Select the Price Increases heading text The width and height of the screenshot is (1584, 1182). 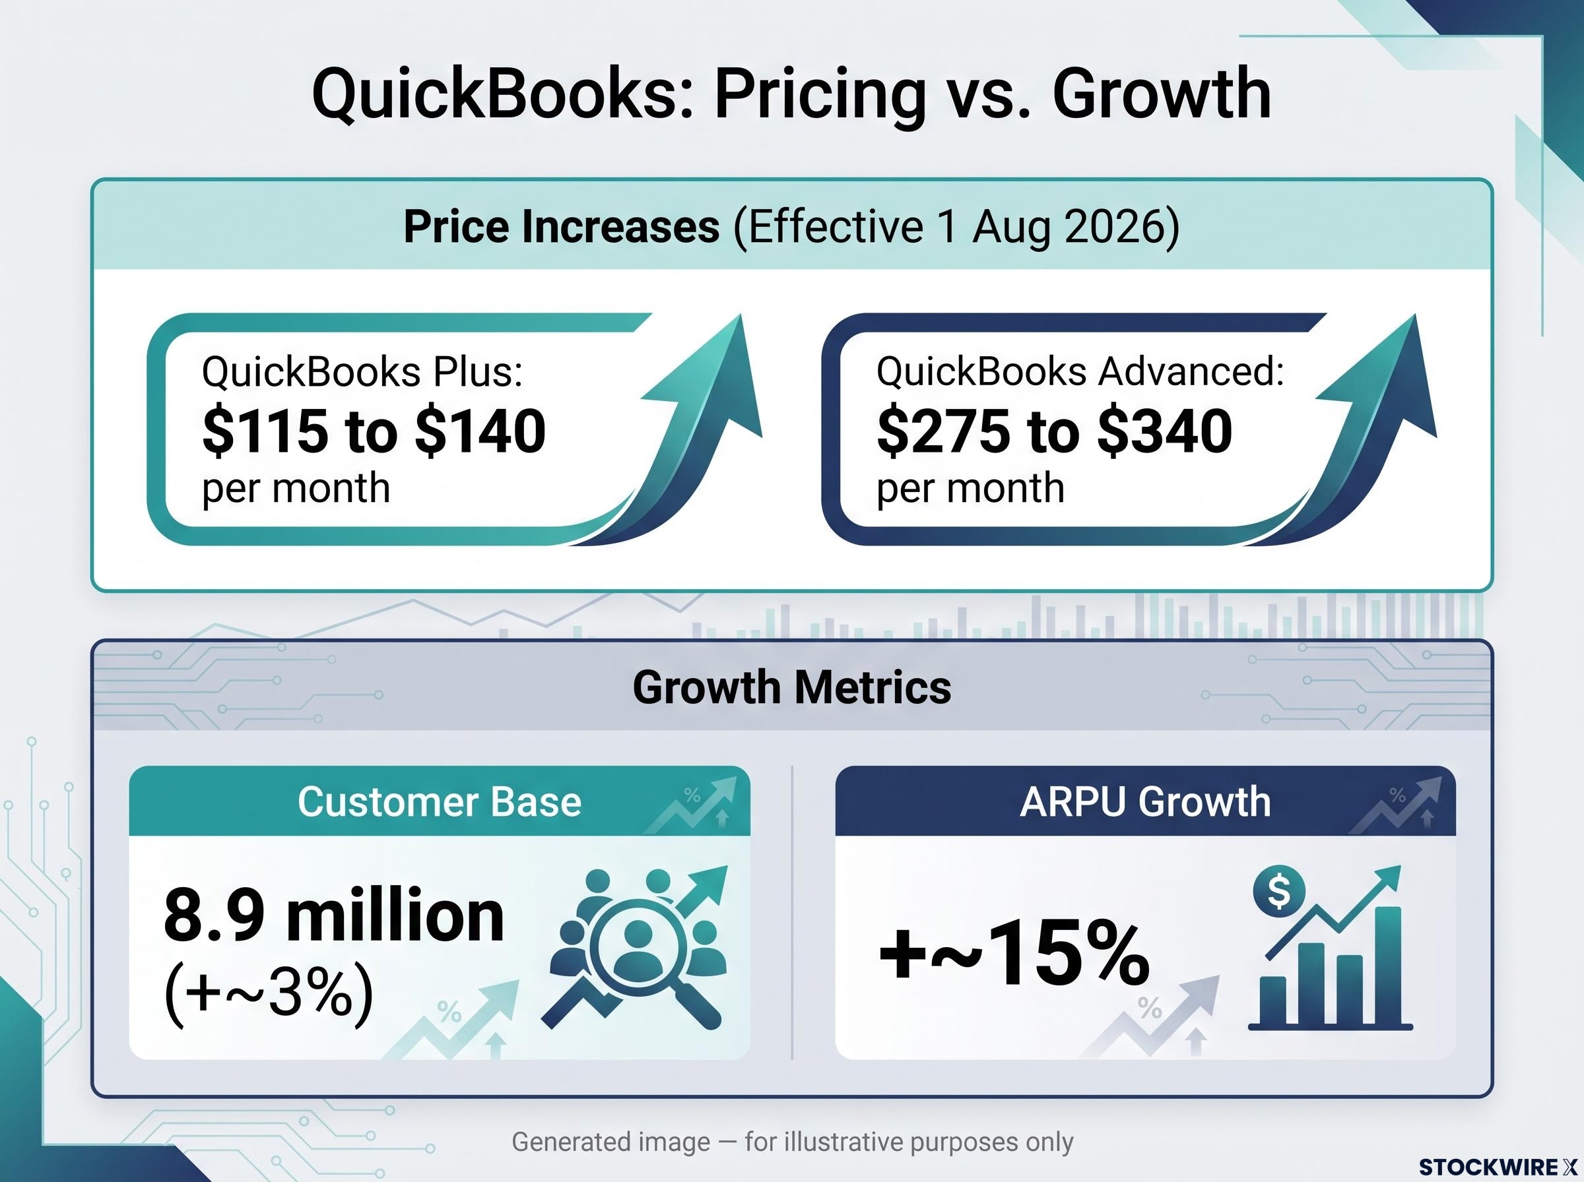point(561,227)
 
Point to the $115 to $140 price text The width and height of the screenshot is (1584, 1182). point(374,431)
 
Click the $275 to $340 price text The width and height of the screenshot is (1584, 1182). point(1054,431)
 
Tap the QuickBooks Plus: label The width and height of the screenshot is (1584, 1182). point(362,372)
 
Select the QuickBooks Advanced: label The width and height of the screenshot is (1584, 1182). point(1080,372)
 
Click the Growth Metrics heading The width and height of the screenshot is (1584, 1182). point(791,687)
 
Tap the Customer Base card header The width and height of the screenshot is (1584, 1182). point(440,801)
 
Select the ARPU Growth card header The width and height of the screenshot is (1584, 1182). point(1145,801)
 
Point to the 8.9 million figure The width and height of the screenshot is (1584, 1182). point(334,916)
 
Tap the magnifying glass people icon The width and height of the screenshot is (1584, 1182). point(636,948)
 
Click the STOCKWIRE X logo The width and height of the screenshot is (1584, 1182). point(1498,1167)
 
